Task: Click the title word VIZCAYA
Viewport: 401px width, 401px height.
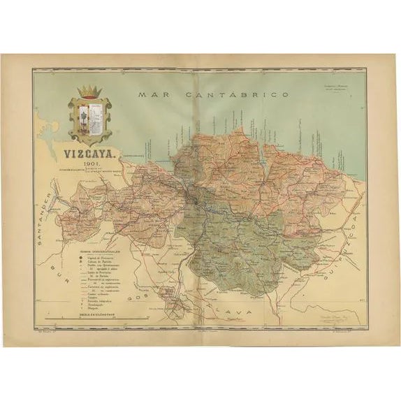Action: tap(91, 150)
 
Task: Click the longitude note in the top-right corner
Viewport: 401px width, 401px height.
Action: tap(337, 89)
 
